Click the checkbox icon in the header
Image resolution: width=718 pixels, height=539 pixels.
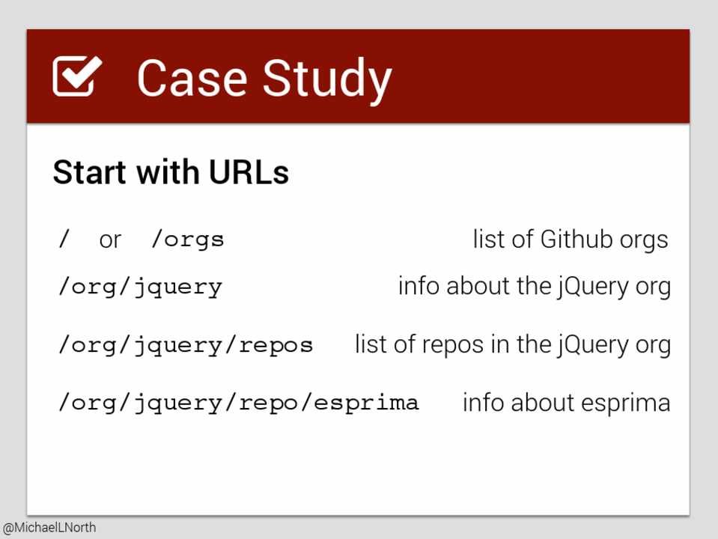[77, 76]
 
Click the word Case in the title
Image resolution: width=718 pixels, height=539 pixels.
[192, 78]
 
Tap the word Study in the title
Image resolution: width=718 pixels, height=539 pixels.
[327, 81]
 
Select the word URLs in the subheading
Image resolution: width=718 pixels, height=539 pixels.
[249, 172]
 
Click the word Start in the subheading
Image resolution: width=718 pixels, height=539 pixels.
[89, 172]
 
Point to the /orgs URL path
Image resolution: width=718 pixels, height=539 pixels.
[188, 240]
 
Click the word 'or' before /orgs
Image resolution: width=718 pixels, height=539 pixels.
[110, 240]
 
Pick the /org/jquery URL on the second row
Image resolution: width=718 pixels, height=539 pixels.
[140, 288]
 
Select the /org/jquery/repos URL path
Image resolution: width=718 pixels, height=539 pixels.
[186, 346]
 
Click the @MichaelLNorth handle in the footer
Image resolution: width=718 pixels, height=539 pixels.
[49, 528]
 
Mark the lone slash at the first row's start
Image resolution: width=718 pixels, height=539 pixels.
[64, 239]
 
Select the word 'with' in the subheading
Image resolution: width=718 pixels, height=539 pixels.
[168, 172]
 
